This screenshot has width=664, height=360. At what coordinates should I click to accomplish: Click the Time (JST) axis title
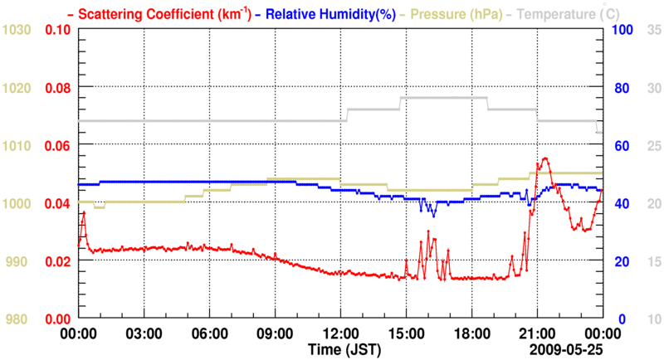(344, 348)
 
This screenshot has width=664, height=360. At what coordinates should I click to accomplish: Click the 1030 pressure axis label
(17, 30)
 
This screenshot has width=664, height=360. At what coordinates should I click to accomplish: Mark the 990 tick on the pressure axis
(17, 261)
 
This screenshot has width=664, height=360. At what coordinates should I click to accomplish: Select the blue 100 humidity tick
(623, 30)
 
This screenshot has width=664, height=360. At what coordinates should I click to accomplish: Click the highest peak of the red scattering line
(545, 158)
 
